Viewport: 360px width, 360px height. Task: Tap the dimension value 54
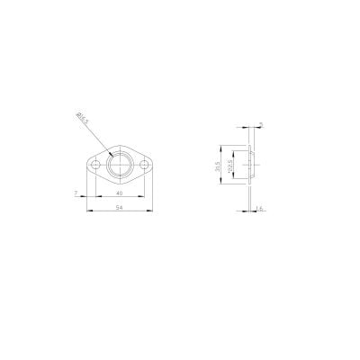click(x=119, y=207)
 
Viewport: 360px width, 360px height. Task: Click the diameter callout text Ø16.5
click(x=80, y=118)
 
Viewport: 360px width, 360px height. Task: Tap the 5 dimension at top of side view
click(x=260, y=125)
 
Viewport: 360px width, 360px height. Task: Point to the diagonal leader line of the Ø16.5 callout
click(x=93, y=135)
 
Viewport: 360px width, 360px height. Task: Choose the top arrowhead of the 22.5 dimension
click(x=237, y=153)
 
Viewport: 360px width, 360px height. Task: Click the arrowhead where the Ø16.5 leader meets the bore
click(x=109, y=155)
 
